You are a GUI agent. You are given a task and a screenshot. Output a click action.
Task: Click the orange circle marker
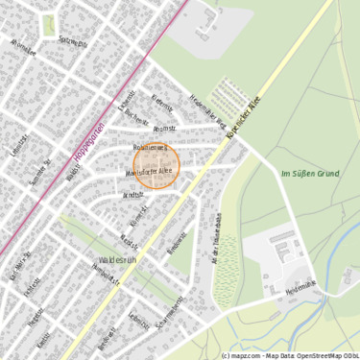pos(155,166)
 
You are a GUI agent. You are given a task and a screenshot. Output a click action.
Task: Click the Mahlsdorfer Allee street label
pos(150,171)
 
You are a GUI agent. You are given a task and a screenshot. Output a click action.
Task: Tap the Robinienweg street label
pos(150,149)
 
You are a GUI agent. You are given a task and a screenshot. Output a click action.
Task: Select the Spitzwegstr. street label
pos(73,43)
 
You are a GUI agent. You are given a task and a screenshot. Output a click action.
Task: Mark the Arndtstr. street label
pos(132,194)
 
